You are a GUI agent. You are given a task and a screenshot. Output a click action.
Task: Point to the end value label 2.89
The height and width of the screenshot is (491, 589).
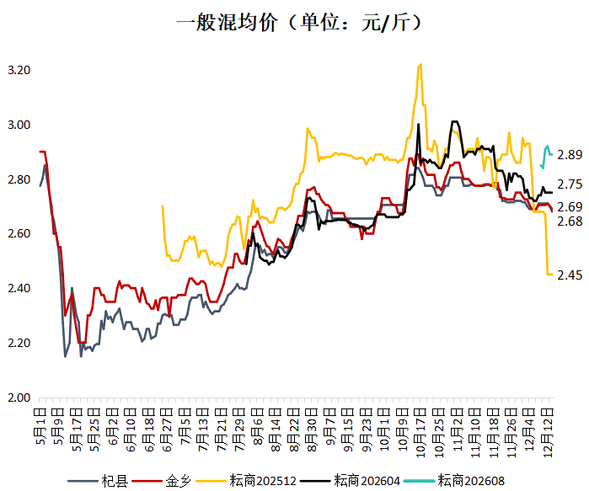click(x=570, y=155)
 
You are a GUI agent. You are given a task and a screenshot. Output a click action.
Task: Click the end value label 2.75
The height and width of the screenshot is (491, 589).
click(x=570, y=184)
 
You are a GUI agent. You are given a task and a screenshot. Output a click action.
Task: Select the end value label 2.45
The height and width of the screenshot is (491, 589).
click(x=570, y=275)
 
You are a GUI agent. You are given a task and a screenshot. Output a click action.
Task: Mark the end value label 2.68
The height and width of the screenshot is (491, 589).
click(x=570, y=221)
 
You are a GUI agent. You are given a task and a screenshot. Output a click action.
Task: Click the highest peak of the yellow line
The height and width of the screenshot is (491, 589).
click(x=420, y=64)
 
